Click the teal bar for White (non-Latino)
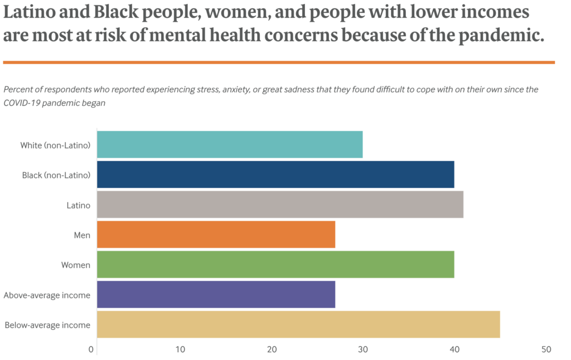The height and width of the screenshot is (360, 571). (x=230, y=144)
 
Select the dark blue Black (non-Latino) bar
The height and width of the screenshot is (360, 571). (x=275, y=174)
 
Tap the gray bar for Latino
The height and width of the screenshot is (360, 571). (x=280, y=205)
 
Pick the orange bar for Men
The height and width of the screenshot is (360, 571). (x=216, y=234)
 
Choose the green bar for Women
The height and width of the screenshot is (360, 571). (x=275, y=264)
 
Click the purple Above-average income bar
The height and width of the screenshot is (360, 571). (x=216, y=294)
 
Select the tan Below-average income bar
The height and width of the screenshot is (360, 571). (x=298, y=324)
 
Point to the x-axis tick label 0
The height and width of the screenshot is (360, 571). (x=91, y=349)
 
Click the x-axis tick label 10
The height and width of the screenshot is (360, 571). (x=181, y=349)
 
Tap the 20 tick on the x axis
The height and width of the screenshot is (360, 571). (x=272, y=349)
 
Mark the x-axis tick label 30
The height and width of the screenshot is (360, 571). (x=363, y=349)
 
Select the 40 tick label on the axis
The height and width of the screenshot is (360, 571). (x=454, y=349)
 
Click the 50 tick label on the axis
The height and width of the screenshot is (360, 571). (x=546, y=349)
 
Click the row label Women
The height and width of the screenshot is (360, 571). (x=76, y=265)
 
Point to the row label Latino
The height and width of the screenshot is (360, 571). (x=78, y=205)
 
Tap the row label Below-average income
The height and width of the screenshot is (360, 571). (x=47, y=325)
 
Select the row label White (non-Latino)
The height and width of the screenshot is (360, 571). (x=55, y=145)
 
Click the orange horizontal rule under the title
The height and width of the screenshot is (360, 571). (x=279, y=62)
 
